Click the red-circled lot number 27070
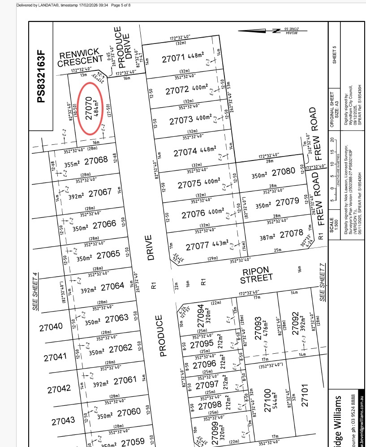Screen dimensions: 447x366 89,108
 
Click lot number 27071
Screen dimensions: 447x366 173,58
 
